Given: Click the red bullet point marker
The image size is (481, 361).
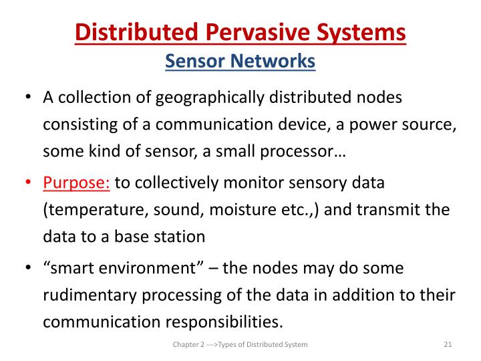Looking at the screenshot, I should [27, 183].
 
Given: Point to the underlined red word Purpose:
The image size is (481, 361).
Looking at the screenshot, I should [77, 183].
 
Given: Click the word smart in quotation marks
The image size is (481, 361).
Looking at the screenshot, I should [71, 268].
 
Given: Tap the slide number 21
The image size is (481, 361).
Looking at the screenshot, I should [448, 344].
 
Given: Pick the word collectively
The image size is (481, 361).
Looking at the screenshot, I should [188, 183].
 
